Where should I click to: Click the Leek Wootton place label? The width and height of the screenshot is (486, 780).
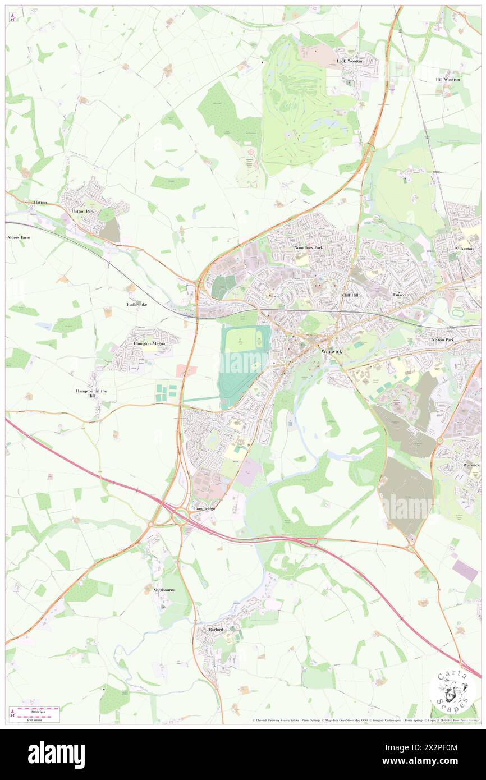[x=350, y=61]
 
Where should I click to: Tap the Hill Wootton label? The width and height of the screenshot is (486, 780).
[x=448, y=79]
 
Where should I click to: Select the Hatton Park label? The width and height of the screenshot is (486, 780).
[x=83, y=211]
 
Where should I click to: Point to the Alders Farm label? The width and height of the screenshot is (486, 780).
[x=19, y=237]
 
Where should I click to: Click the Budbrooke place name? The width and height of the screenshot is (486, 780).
[x=137, y=304]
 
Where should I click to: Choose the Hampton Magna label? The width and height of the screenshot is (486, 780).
[x=149, y=343]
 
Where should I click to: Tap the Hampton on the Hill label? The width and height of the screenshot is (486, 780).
[x=91, y=393]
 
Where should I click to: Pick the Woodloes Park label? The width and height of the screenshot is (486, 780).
[x=309, y=247]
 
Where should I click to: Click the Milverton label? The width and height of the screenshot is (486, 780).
[x=465, y=248]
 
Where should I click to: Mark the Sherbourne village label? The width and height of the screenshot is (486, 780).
[x=164, y=590]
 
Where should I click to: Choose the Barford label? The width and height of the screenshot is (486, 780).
[x=217, y=630]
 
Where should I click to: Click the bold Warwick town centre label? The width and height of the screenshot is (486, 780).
[x=331, y=351]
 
